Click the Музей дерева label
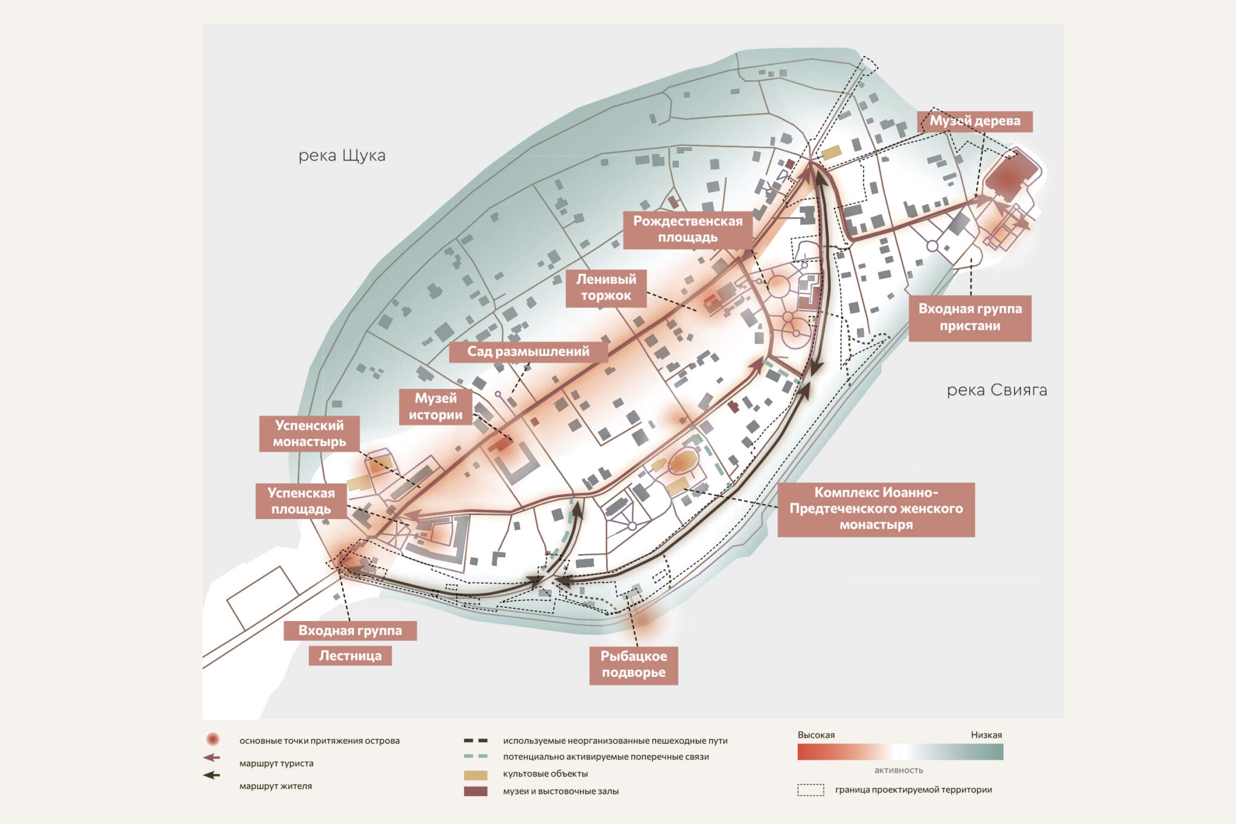[974, 121]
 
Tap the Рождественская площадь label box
[687, 229]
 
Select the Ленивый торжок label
[606, 287]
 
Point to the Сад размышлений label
[528, 351]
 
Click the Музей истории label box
[435, 407]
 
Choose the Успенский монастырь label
[309, 433]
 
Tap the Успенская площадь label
[301, 501]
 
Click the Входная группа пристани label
[970, 318]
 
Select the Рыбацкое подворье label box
[633, 665]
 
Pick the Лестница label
[350, 656]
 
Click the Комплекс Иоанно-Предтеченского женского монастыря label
[876, 509]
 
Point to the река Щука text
[342, 156]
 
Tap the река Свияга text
[996, 391]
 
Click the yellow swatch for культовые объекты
[475, 774]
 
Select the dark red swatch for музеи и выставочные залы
[475, 791]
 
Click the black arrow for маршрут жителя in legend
[211, 775]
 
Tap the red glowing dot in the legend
[212, 739]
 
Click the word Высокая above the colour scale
[816, 735]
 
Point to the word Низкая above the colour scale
[986, 735]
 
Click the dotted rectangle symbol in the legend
[811, 790]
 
